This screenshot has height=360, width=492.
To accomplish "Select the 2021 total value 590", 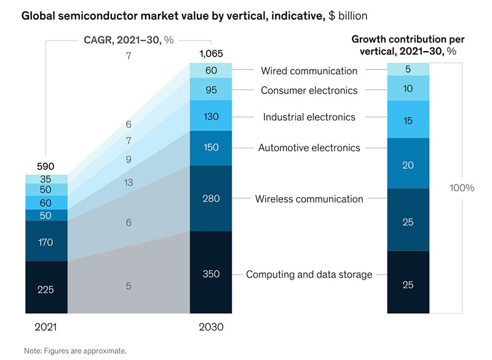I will click(46, 166).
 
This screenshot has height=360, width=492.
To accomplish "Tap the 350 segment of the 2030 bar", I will click(211, 274).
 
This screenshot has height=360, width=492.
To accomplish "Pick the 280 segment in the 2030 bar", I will click(211, 198).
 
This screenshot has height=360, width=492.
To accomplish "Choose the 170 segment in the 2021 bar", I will click(46, 242).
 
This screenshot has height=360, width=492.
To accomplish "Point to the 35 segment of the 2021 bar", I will click(46, 180).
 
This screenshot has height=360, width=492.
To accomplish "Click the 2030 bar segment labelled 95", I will click(211, 90).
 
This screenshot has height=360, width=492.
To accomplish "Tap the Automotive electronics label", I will click(309, 148).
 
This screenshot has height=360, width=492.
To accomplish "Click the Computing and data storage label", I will click(309, 274).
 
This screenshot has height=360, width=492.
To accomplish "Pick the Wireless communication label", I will click(309, 199).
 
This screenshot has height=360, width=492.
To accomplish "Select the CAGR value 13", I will click(129, 182).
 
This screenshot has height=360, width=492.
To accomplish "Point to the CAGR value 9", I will click(129, 160).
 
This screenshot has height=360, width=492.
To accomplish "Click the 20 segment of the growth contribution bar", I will click(408, 164).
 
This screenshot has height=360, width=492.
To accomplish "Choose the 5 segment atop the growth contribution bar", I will click(408, 69).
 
